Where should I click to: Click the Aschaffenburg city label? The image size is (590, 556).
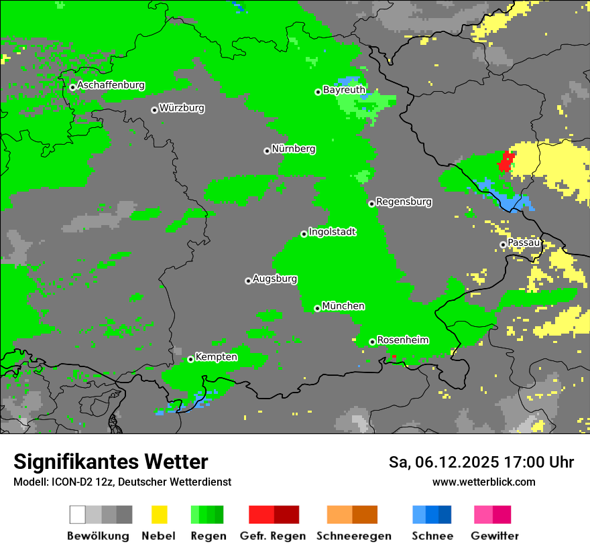pos(111,85)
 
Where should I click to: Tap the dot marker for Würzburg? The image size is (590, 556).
pos(154,110)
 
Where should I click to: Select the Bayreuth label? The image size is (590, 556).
pos(344,89)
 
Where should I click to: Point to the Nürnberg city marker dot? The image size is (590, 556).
pos(267,151)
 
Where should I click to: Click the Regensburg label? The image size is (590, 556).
pos(404,201)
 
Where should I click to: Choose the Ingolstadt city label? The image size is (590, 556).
pos(332,232)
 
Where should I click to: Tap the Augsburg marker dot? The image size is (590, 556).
pos(248,281)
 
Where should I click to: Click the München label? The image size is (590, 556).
pos(343,305)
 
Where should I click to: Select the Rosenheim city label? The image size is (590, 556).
pos(402,340)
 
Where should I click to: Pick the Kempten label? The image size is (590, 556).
pos(216,356)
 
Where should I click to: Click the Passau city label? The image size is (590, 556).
pos(524,242)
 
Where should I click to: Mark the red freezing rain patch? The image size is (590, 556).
pos(506,161)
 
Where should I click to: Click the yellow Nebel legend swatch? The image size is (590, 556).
pos(160,514)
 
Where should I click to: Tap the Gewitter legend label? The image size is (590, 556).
pos(494,536)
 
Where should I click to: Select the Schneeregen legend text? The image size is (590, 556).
pos(353,536)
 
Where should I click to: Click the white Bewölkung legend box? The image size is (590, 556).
pos(78,514)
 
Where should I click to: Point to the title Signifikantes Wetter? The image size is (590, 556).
pos(111,462)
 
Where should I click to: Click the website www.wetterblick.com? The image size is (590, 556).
pos(483,482)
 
